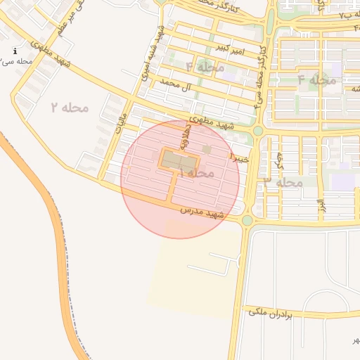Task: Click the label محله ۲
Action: [70, 107]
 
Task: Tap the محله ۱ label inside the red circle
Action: [196, 172]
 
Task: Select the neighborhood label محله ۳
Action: [283, 182]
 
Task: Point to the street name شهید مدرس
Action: [202, 210]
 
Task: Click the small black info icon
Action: [15, 51]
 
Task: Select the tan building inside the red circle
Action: [173, 160]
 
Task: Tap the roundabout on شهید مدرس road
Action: [247, 220]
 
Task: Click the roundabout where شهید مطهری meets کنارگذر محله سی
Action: [258, 131]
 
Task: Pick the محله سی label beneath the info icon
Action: [17, 62]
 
